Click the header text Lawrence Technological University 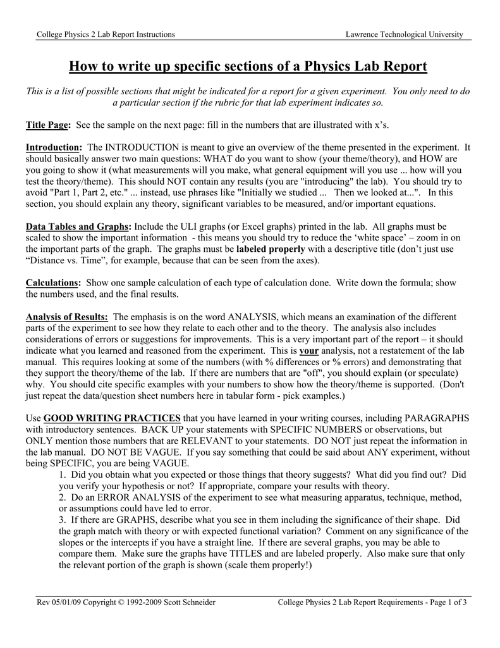(404, 34)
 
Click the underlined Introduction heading (54, 147)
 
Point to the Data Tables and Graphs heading (78, 227)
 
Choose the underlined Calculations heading (52, 283)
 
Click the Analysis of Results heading (66, 316)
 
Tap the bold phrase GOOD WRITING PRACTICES (111, 419)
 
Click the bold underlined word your (308, 351)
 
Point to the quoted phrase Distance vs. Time (66, 261)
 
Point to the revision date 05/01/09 (66, 602)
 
